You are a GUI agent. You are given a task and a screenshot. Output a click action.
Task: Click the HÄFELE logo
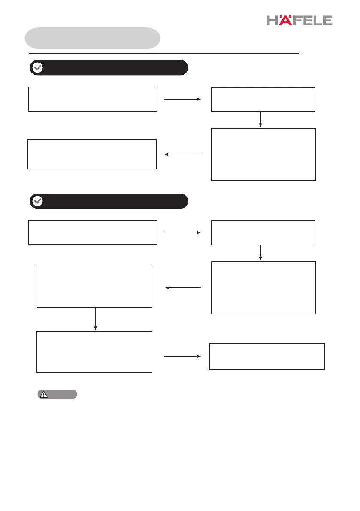tap(299, 20)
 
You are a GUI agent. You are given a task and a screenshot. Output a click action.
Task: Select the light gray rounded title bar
tap(93, 38)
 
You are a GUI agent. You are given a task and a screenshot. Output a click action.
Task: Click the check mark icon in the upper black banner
tap(38, 68)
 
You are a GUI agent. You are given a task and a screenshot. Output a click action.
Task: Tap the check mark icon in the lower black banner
tap(38, 201)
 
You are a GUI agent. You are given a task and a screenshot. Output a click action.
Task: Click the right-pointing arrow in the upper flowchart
tap(183, 99)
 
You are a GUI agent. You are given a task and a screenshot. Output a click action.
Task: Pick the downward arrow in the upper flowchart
tap(260, 120)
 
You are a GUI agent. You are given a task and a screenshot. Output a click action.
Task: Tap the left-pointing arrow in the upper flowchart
tap(183, 154)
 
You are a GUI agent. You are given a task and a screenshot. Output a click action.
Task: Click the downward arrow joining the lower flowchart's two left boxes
tap(95, 319)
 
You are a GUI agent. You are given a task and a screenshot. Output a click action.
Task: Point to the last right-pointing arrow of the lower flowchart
tap(183, 357)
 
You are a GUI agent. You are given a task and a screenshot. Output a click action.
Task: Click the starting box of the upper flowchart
tap(92, 99)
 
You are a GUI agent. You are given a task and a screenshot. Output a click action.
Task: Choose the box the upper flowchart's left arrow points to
tap(92, 154)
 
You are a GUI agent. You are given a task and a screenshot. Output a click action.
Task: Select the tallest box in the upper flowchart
tap(263, 154)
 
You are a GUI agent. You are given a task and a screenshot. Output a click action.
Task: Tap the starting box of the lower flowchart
tap(92, 233)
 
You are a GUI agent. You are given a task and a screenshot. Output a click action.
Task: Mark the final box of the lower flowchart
tap(266, 357)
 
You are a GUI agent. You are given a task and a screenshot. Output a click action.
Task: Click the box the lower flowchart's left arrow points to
tap(95, 286)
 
